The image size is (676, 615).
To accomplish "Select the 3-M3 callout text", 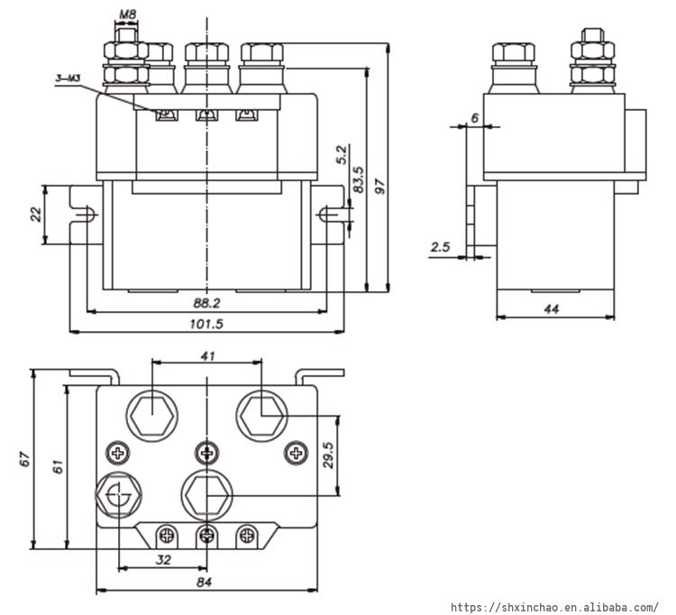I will point(68,79).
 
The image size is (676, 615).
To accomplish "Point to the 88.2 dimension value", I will point(207,303).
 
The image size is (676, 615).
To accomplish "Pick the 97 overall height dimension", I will point(379,187).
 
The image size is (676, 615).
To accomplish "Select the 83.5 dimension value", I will point(359,179).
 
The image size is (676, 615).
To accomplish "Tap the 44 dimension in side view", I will point(552,308).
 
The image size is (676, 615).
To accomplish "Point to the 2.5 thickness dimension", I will point(441,247).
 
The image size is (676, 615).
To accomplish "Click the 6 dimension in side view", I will point(474,118).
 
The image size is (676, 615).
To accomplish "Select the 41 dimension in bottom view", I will point(207,357).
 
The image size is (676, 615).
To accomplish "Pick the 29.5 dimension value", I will point(329,455).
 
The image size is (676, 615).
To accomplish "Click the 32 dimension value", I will point(163,559).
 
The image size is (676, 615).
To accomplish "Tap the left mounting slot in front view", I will point(91,215).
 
